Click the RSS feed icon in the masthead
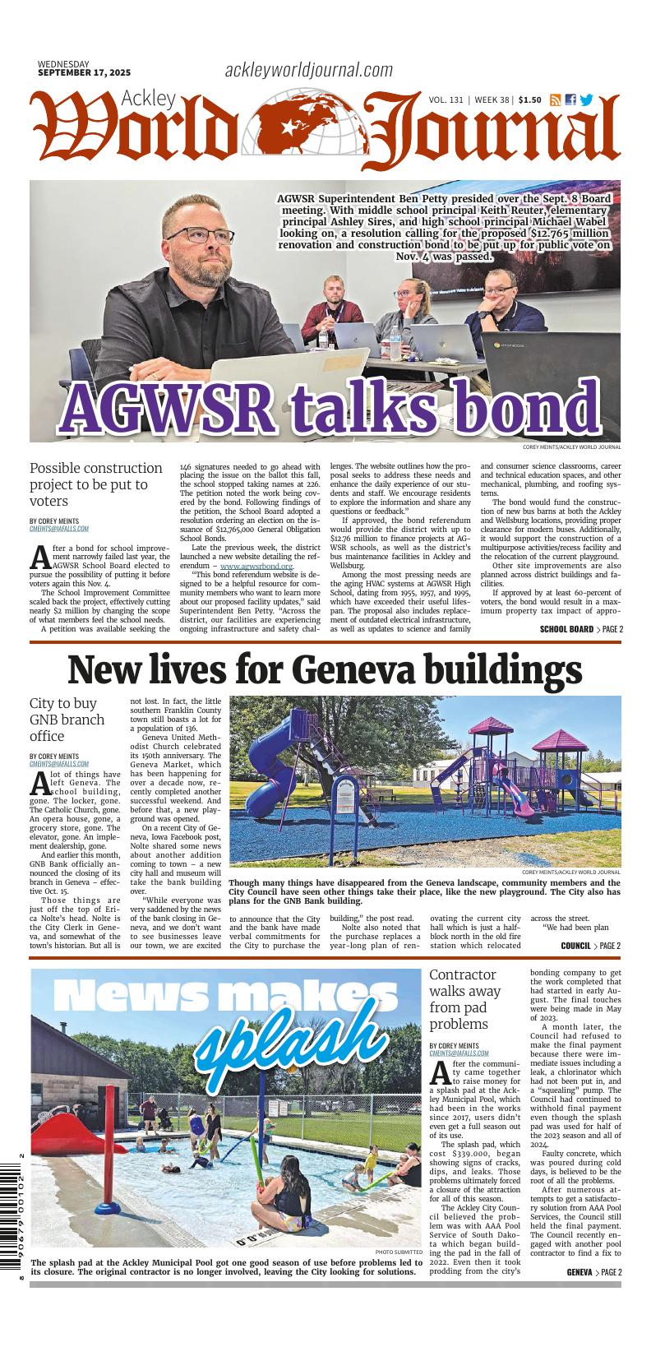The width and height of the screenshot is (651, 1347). point(556,100)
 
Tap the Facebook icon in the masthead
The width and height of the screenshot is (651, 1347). point(570,100)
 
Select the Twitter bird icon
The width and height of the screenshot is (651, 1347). point(586,100)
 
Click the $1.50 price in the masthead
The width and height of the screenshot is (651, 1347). point(529,100)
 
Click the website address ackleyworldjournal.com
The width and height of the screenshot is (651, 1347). point(308,71)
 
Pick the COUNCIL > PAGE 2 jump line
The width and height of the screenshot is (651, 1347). point(590,946)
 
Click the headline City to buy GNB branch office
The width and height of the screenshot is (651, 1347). point(67,720)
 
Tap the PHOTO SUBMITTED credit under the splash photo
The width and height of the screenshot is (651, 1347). point(399,1252)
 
